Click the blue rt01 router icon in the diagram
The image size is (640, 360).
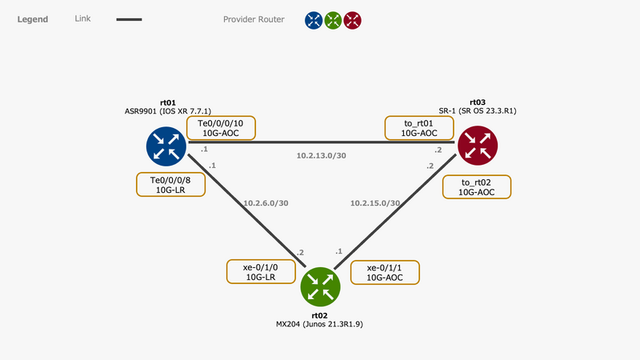[166, 146]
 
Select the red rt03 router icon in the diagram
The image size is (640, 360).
[478, 146]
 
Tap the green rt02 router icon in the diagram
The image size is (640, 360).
[321, 286]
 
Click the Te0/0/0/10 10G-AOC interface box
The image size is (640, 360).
[221, 128]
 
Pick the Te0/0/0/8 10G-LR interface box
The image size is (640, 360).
[170, 185]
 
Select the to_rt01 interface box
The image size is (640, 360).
[419, 128]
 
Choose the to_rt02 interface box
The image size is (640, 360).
[477, 187]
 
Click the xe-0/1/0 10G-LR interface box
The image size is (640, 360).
[261, 272]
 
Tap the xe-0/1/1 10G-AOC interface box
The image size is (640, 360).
[385, 273]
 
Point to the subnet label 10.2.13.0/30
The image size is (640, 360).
[322, 155]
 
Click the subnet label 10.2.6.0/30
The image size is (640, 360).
[266, 203]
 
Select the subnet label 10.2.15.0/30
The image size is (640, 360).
[375, 203]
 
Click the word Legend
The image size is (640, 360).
[33, 19]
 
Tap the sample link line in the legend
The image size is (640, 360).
[129, 19]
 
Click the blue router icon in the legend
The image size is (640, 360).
[314, 20]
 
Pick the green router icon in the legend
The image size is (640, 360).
[333, 20]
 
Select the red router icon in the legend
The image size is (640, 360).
[352, 20]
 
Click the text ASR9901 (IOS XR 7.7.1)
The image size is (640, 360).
[168, 111]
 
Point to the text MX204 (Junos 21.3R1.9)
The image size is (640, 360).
[319, 324]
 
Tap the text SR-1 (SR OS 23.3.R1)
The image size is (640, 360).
[478, 110]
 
